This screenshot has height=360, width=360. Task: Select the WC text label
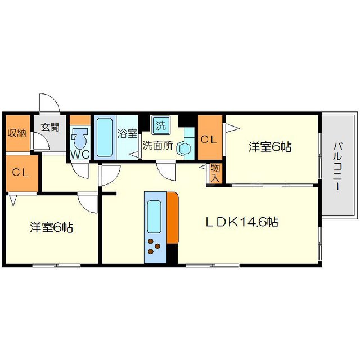click(x=79, y=154)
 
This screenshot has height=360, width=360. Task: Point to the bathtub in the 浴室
click(x=105, y=137)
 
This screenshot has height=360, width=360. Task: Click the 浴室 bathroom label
click(x=127, y=134)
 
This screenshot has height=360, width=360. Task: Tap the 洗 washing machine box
click(x=161, y=124)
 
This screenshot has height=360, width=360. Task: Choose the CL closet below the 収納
click(x=21, y=172)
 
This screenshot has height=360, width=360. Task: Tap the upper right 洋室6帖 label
click(x=270, y=147)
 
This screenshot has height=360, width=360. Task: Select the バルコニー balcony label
click(x=338, y=166)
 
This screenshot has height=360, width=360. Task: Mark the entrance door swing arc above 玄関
click(x=49, y=103)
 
